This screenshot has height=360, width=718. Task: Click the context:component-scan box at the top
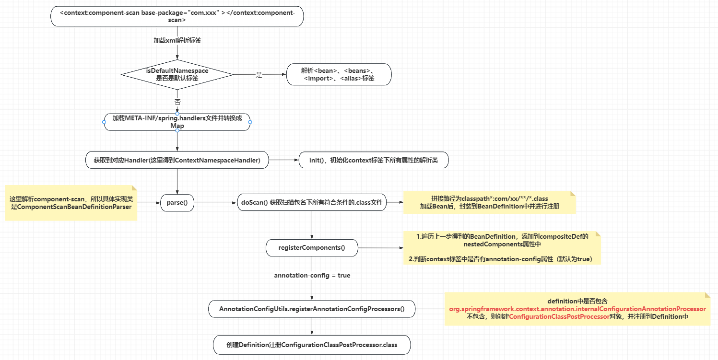click(177, 16)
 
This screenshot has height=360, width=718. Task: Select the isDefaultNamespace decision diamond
click(177, 74)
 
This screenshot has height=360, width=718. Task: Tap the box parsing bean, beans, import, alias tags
click(339, 74)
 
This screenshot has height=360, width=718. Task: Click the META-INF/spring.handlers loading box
click(177, 122)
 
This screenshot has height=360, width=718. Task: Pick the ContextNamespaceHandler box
click(177, 161)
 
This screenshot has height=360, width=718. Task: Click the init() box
click(374, 161)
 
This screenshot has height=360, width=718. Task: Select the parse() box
click(177, 203)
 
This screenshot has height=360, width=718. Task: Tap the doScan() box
click(312, 203)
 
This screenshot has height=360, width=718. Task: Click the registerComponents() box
click(312, 248)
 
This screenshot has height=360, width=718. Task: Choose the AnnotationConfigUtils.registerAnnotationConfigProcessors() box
click(312, 309)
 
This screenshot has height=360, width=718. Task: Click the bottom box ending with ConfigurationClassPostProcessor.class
click(312, 345)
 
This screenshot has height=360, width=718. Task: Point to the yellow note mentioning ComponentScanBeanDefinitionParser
click(71, 202)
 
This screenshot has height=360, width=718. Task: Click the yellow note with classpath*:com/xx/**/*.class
click(489, 202)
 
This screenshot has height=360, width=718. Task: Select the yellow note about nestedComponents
click(502, 247)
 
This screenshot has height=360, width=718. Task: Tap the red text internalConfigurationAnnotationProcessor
click(577, 309)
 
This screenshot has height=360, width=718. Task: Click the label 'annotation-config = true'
click(312, 276)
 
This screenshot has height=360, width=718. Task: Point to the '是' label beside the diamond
click(259, 75)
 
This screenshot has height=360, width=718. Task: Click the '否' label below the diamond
click(177, 102)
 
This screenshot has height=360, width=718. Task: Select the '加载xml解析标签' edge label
click(177, 41)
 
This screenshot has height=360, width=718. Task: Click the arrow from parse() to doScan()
click(216, 203)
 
